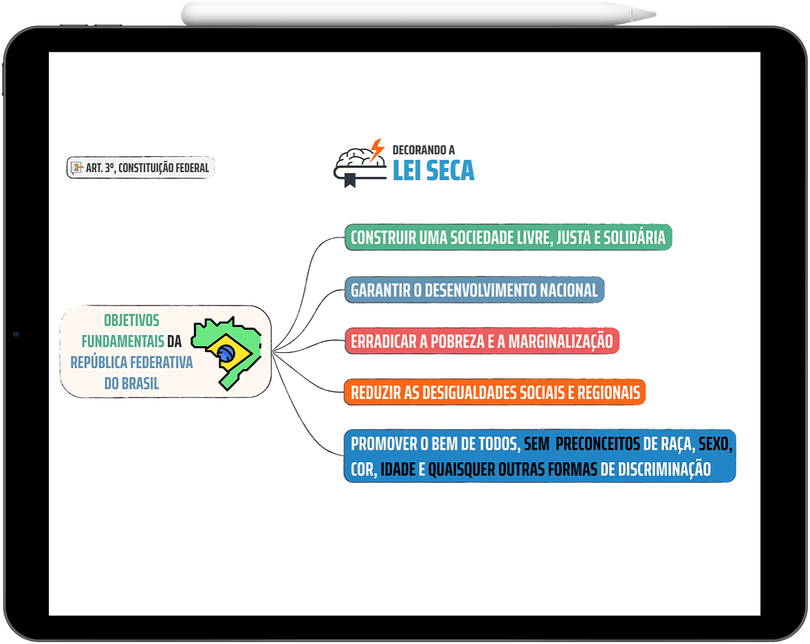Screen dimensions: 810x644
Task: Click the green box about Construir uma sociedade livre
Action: pos(509,237)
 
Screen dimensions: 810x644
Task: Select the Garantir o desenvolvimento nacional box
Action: pos(474,290)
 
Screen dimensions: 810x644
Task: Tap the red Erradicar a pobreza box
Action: pos(482,341)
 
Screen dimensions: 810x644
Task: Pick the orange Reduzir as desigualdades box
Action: pos(495,392)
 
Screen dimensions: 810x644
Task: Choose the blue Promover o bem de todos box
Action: pos(540,456)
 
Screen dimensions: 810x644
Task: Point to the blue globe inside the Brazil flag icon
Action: pos(226,353)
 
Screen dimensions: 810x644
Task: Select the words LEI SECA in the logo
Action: pos(434,171)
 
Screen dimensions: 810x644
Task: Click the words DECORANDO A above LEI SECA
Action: pos(424,150)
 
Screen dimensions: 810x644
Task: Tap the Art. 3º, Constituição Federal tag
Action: pos(140,167)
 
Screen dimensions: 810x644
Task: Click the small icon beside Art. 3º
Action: pos(77,167)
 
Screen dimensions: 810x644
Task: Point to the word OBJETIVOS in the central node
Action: pos(131,320)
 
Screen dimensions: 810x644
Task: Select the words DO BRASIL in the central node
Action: pos(131,383)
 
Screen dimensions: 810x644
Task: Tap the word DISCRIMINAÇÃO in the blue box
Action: pos(664,469)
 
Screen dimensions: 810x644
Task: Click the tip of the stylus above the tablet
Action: pos(655,14)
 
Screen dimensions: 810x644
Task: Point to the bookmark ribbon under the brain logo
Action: pos(350,181)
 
